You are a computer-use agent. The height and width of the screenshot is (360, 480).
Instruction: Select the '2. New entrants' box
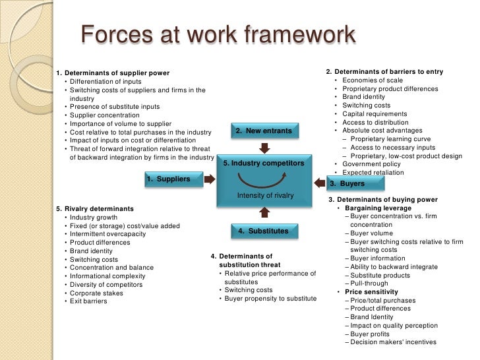pyautogui.click(x=264, y=131)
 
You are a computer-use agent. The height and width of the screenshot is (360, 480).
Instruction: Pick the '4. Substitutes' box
pyautogui.click(x=264, y=231)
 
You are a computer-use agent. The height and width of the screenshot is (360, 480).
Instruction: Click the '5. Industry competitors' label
pyautogui.click(x=264, y=162)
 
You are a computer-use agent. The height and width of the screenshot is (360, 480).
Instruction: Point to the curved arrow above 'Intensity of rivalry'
pyautogui.click(x=264, y=179)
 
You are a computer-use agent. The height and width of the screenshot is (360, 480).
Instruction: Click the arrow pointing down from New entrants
pyautogui.click(x=264, y=147)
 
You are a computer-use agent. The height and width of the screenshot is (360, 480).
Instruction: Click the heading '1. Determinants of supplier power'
pyautogui.click(x=113, y=73)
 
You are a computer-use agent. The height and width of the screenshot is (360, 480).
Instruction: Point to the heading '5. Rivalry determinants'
pyautogui.click(x=95, y=209)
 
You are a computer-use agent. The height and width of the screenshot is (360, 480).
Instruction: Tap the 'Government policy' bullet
pyautogui.click(x=370, y=164)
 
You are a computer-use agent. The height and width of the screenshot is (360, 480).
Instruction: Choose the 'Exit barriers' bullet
pyautogui.click(x=88, y=301)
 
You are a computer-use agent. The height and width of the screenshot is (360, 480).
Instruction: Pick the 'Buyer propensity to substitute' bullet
pyautogui.click(x=270, y=299)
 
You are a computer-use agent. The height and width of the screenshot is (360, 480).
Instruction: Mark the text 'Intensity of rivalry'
pyautogui.click(x=264, y=195)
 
